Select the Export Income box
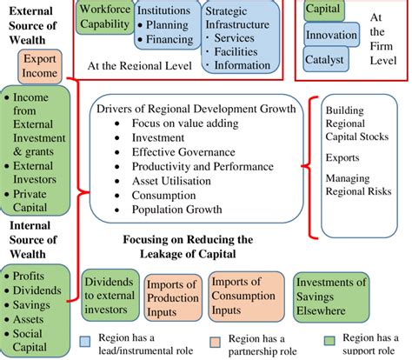39,67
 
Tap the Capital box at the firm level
322,10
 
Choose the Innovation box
332,36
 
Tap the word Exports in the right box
341,158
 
